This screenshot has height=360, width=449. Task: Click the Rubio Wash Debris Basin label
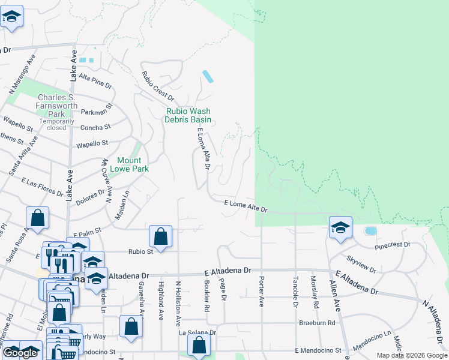pos(188,115)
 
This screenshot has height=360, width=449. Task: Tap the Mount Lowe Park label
pos(129,164)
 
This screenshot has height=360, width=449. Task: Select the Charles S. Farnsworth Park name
pos(56,106)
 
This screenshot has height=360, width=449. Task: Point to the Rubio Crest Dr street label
pos(158,86)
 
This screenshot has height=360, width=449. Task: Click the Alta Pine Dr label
pos(95,82)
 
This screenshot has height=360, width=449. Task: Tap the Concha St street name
pos(95,127)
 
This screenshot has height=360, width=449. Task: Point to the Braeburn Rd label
pos(318,322)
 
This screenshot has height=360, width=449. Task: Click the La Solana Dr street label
pos(197,332)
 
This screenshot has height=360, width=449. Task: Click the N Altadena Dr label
pos(435,313)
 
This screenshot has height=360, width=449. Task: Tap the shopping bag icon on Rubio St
pos(160,236)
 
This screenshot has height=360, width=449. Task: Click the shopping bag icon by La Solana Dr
pos(199,345)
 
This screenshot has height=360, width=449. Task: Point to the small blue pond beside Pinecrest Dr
pos(370,231)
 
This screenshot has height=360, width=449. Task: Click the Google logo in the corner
pos(20,353)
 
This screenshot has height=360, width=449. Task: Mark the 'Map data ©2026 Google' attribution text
pos(411,355)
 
